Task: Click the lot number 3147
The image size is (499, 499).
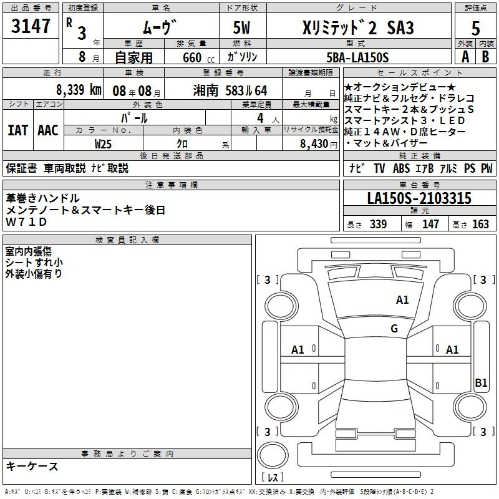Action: click(x=31, y=26)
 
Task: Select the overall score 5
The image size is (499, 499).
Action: click(x=475, y=29)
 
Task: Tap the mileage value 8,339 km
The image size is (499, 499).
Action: click(x=79, y=90)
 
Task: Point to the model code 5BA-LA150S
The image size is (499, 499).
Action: click(x=357, y=57)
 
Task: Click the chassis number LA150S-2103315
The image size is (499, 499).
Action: click(x=419, y=198)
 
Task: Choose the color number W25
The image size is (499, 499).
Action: click(x=103, y=144)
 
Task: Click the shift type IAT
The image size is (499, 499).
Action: click(x=18, y=130)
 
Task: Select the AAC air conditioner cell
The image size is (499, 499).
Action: click(x=48, y=130)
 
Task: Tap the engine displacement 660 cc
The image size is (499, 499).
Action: click(x=198, y=57)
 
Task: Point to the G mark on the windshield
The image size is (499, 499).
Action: click(x=394, y=328)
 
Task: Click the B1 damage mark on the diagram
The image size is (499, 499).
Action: click(x=481, y=382)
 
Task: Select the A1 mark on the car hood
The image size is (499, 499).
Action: click(x=402, y=300)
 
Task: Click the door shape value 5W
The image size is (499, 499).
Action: click(x=241, y=27)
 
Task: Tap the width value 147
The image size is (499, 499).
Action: click(x=430, y=224)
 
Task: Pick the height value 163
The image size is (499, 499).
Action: click(x=480, y=224)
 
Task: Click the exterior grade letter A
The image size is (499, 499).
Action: click(x=465, y=57)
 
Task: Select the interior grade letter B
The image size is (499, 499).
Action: click(x=485, y=57)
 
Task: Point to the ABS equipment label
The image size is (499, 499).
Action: click(x=401, y=168)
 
